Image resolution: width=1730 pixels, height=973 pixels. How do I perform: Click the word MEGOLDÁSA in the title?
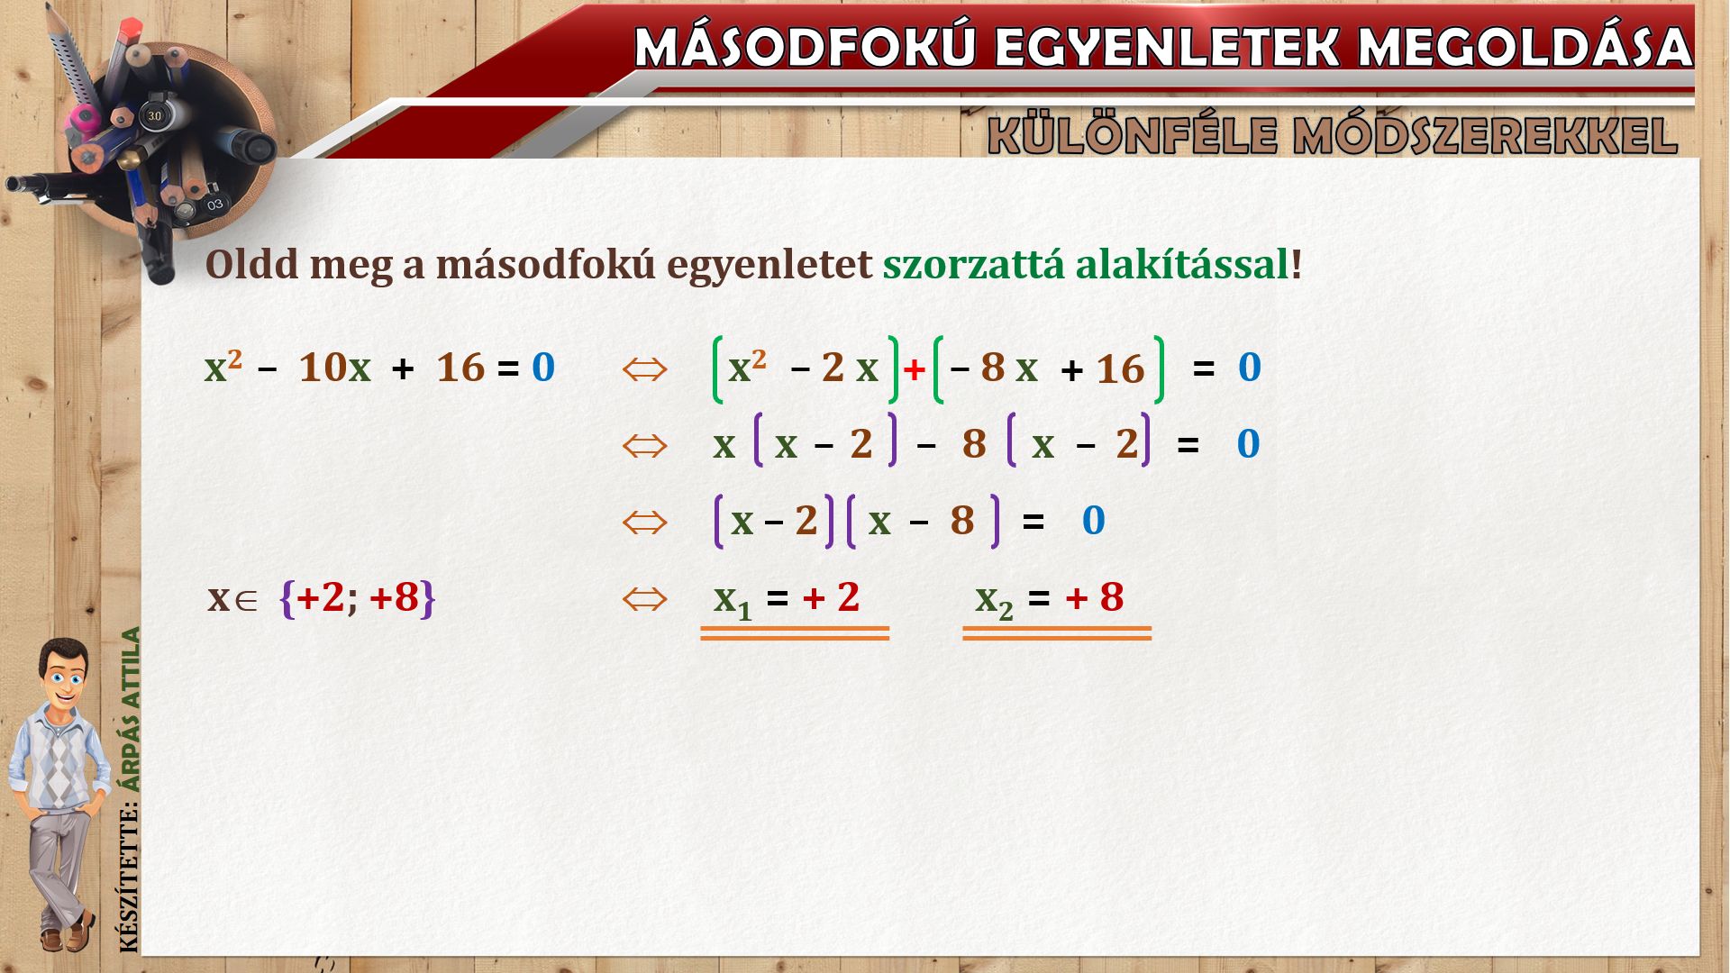[x=1525, y=47]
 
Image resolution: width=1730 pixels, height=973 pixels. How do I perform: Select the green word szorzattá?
[x=973, y=265]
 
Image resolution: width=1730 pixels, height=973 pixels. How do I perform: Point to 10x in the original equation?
[x=334, y=368]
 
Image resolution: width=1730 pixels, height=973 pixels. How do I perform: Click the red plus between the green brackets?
[x=915, y=369]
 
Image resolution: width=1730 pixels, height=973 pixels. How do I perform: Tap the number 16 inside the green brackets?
[x=1120, y=369]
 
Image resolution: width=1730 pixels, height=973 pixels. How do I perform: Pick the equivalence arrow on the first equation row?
[x=644, y=368]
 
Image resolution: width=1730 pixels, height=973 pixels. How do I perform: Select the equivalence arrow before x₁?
[x=644, y=598]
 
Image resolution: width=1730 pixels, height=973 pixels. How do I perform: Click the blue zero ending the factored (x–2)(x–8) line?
[x=1093, y=521]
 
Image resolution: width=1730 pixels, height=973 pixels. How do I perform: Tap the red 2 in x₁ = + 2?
[x=848, y=597]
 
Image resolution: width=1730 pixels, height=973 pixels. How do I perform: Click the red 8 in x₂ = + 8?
[x=1112, y=597]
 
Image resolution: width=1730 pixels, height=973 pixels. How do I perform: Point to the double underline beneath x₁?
[x=795, y=633]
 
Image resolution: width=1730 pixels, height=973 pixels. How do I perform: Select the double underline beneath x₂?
[x=1057, y=633]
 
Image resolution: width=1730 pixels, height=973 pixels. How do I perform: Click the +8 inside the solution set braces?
[x=395, y=597]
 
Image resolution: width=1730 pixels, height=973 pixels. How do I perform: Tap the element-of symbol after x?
[x=245, y=601]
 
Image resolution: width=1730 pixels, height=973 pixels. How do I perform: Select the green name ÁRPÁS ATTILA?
[x=132, y=709]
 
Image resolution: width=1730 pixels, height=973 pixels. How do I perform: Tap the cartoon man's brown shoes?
[x=68, y=933]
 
